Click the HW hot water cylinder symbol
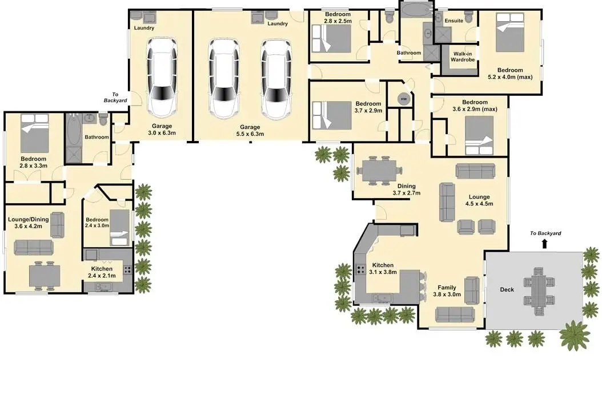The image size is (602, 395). [x=404, y=99]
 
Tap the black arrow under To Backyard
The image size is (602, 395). [x=544, y=243]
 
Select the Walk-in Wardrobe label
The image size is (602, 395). [x=463, y=57]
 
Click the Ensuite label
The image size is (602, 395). [x=454, y=21]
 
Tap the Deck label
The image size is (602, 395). [x=507, y=289]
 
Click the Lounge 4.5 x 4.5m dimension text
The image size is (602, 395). [x=479, y=204]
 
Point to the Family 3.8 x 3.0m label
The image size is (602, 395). [x=447, y=291]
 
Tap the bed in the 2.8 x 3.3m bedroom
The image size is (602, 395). [x=34, y=133]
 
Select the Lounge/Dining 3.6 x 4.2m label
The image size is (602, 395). [x=29, y=223]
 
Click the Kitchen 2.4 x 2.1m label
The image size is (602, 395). [x=102, y=272]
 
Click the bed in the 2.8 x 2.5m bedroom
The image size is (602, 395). [x=331, y=38]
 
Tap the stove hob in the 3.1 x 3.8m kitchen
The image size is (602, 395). [x=360, y=269]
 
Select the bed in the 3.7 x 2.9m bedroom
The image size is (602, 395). [x=332, y=115]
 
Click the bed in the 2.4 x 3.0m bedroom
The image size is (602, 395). [x=119, y=227]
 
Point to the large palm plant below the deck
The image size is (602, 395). [x=575, y=336]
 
